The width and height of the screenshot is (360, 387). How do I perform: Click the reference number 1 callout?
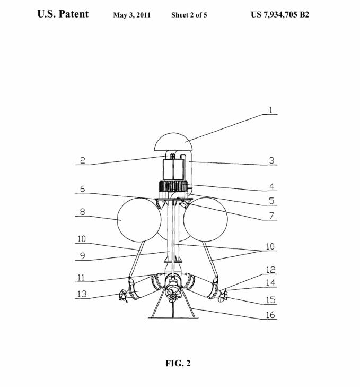(271, 110)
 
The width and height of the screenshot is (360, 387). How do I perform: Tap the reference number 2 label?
(83, 160)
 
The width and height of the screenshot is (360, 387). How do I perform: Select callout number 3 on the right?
(272, 161)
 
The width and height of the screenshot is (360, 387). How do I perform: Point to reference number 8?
(82, 212)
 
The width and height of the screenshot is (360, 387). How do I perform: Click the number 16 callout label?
(270, 315)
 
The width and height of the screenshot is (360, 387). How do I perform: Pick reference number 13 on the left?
(82, 294)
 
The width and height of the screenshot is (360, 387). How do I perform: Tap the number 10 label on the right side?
(270, 246)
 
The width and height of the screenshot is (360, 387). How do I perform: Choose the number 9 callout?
(83, 256)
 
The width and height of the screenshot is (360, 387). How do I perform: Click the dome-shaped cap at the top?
(173, 142)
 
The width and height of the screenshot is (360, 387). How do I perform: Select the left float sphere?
(139, 220)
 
